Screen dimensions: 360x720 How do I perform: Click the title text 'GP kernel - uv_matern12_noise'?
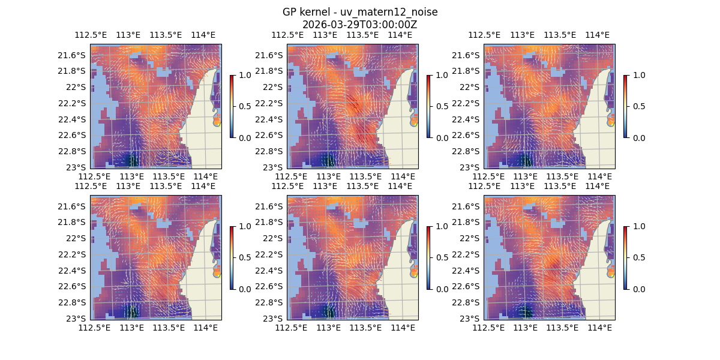tap(360, 12)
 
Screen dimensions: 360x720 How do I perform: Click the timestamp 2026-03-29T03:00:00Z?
tap(360, 25)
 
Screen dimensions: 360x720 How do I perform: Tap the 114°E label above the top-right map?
tap(597, 35)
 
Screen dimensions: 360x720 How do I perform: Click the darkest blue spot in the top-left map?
tap(131, 161)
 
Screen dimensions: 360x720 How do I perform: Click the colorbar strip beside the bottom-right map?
tap(625, 257)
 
